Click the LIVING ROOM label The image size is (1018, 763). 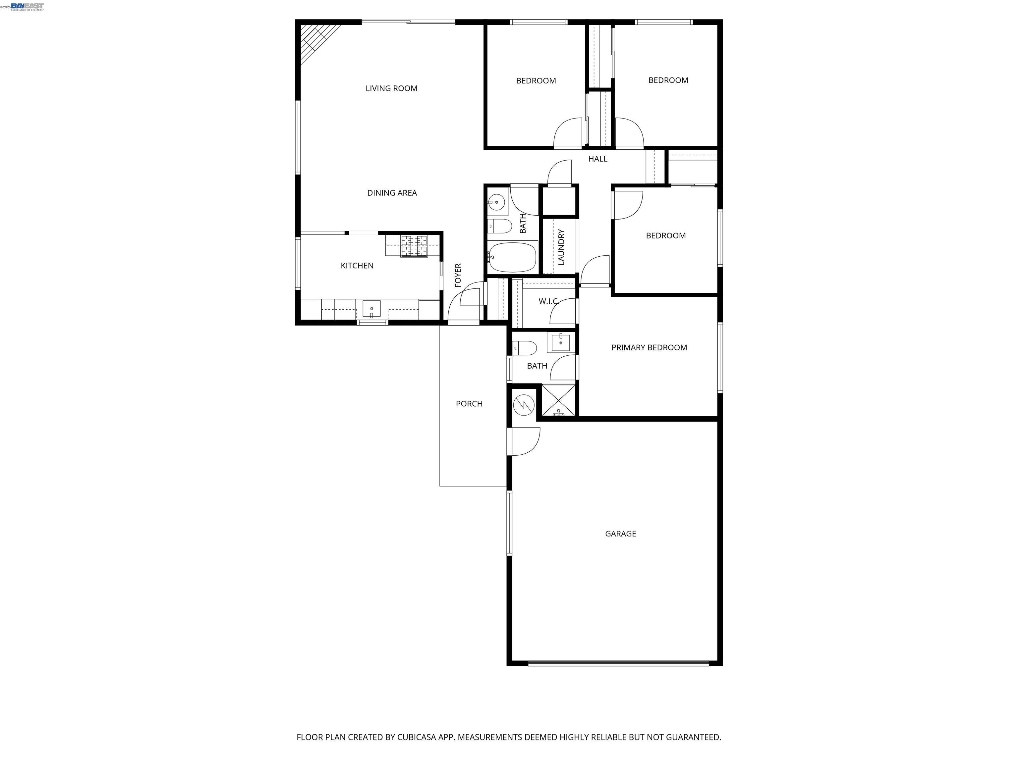point(391,88)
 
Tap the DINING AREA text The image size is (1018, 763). point(392,193)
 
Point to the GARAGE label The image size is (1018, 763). point(620,534)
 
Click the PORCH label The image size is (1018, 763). point(469,403)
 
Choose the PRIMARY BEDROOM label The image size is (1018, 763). point(649,347)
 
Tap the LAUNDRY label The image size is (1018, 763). point(561,247)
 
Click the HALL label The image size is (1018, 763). point(597,159)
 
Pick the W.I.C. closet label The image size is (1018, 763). point(548,301)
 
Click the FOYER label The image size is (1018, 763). point(458,275)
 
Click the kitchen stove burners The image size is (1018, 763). point(414,246)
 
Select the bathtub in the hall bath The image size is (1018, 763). point(513,258)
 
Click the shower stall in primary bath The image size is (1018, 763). point(558,400)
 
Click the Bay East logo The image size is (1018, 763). point(27,6)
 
